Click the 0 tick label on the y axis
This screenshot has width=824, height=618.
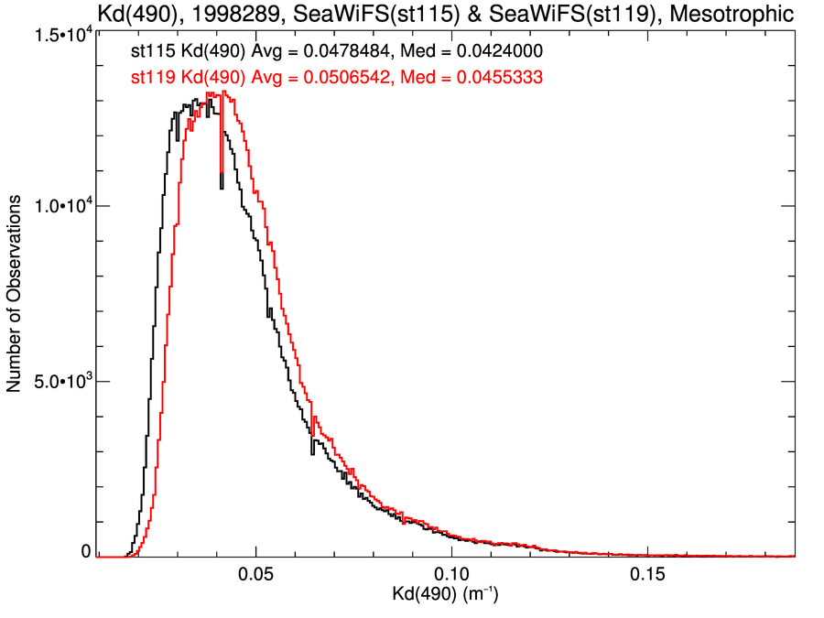86,551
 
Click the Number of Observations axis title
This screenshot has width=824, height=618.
15,294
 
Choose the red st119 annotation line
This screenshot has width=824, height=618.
337,78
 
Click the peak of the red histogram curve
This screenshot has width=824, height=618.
223,92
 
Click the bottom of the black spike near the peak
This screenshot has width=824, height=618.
222,189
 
